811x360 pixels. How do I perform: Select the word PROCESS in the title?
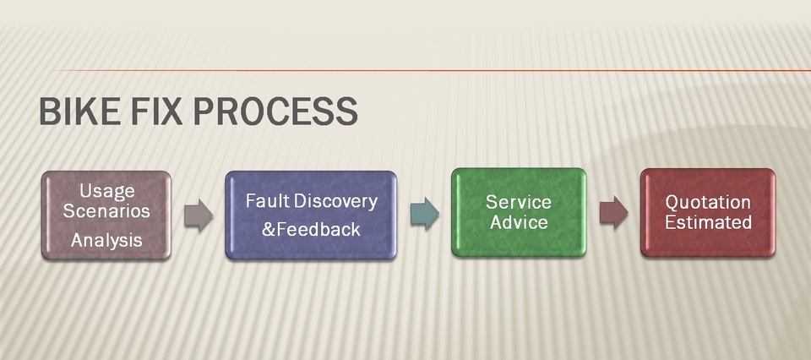(275, 111)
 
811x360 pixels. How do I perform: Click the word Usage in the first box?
(107, 192)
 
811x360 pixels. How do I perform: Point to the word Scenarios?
(106, 211)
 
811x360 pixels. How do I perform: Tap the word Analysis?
(106, 240)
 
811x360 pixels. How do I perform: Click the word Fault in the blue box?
(264, 200)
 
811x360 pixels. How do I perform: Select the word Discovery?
(333, 202)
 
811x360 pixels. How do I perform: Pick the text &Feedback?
(311, 229)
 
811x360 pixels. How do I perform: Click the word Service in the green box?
(518, 202)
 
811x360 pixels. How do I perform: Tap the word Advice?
(519, 222)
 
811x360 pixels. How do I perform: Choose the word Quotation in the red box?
(708, 202)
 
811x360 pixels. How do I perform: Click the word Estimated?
(708, 222)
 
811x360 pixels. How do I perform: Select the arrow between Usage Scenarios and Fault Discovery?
(199, 215)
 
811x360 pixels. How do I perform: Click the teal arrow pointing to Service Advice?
(425, 213)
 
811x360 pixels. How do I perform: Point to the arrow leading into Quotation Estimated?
(614, 212)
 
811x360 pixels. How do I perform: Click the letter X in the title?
(170, 111)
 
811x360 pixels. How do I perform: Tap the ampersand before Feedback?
(269, 229)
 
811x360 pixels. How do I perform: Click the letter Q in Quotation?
(673, 203)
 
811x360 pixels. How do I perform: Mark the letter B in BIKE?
(50, 111)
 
